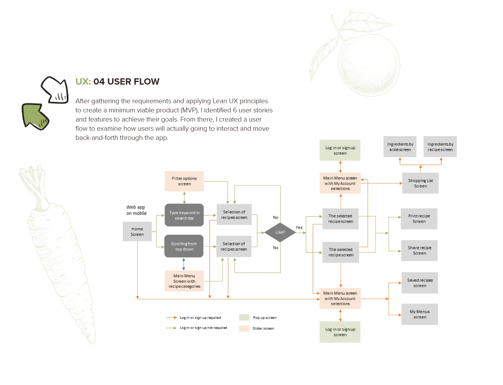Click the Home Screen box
point(137,232)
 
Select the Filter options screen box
point(184,181)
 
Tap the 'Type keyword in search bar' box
point(184,215)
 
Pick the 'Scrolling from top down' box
point(184,246)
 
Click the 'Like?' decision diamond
point(280,232)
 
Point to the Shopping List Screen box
point(420,183)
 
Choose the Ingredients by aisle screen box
point(400,147)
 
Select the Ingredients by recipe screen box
point(440,147)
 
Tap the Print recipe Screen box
point(419,219)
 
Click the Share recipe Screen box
point(419,250)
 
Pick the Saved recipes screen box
point(420,283)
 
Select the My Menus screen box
point(420,314)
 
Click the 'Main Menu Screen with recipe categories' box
point(184,281)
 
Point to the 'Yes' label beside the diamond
point(299,228)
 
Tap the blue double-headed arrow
point(184,264)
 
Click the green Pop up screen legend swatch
point(244,317)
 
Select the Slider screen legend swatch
point(244,328)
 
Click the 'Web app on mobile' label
point(136,210)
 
